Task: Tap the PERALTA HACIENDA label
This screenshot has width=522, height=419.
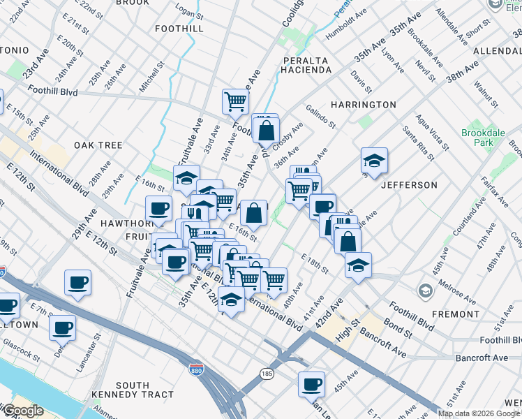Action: click(x=306, y=65)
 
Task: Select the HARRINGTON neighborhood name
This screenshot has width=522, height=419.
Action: click(x=364, y=105)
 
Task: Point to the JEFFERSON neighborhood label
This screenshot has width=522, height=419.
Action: click(x=409, y=185)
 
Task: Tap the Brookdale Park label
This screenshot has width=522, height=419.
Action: click(x=478, y=138)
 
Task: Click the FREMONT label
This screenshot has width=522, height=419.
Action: click(x=455, y=314)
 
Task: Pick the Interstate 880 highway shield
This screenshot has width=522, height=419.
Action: click(x=197, y=366)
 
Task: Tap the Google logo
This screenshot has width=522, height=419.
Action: click(x=23, y=411)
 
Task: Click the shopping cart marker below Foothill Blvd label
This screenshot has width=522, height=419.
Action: click(x=235, y=101)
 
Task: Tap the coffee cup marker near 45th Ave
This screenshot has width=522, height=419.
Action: click(x=311, y=383)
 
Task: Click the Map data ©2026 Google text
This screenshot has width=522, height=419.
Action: click(x=479, y=413)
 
